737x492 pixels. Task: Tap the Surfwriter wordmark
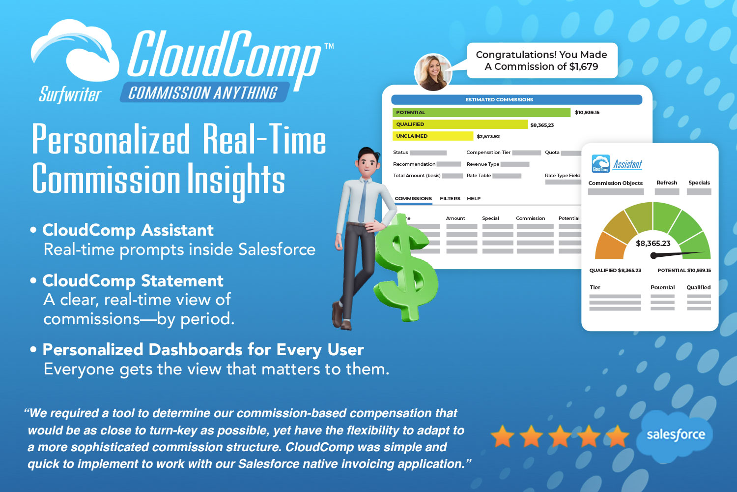pos(70,94)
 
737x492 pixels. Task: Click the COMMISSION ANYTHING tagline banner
pos(204,92)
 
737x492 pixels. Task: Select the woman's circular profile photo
pos(433,72)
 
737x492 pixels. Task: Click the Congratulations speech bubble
pos(541,61)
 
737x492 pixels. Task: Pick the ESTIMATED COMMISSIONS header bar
pos(516,99)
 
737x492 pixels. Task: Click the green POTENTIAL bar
pos(482,112)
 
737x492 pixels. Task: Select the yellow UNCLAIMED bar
pos(433,136)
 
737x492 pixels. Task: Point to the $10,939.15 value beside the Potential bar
pos(587,112)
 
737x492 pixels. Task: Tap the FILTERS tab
pos(450,198)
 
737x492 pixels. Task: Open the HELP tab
pos(474,198)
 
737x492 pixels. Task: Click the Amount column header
pos(455,218)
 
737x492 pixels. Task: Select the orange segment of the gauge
pos(611,246)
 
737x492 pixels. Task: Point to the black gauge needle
pos(678,254)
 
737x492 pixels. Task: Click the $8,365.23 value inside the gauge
pos(653,244)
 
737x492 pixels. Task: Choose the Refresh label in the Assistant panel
pos(667,183)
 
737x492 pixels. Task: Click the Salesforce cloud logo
pos(675,435)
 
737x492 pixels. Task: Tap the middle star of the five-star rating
pos(560,436)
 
